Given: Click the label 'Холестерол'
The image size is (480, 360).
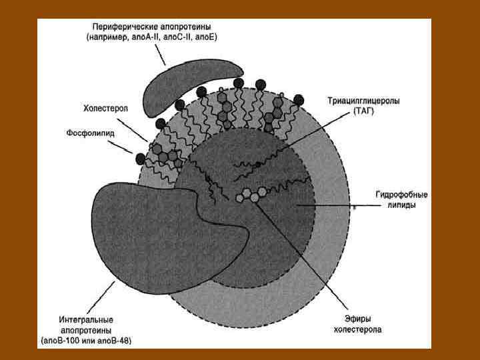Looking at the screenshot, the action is pyautogui.click(x=105, y=107).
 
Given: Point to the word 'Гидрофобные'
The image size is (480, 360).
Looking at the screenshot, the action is pyautogui.click(x=401, y=195).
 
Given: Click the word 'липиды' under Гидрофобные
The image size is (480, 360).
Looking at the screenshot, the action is pyautogui.click(x=402, y=206).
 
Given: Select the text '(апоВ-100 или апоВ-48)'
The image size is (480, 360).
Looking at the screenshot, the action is pyautogui.click(x=86, y=341).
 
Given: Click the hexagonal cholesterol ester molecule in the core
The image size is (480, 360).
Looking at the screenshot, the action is pyautogui.click(x=251, y=195).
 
